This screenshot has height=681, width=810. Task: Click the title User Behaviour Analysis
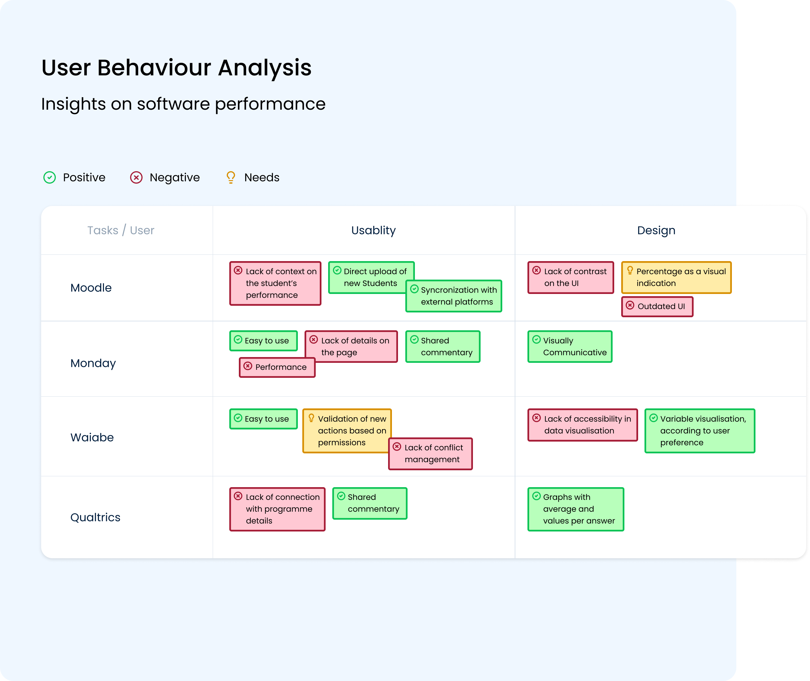click(176, 68)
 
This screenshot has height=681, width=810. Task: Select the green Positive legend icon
click(49, 178)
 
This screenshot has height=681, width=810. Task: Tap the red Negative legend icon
click(136, 178)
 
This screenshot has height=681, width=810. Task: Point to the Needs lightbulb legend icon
click(231, 178)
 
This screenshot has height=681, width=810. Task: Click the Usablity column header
click(373, 231)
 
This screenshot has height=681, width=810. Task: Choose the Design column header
click(656, 231)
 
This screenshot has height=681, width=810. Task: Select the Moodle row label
click(91, 288)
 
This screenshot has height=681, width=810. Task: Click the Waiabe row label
click(92, 437)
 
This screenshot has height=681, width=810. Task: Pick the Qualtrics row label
click(95, 517)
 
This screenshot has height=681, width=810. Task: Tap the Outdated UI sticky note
click(657, 306)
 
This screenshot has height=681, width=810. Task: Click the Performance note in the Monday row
click(277, 367)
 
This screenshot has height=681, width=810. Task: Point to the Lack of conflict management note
click(431, 454)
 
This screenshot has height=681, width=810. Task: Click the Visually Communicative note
click(570, 347)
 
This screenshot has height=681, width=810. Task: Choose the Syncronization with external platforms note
click(454, 296)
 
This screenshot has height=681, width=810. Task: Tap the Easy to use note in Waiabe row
click(263, 419)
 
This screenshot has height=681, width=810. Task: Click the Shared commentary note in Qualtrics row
click(370, 503)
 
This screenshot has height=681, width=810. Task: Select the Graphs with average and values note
click(576, 509)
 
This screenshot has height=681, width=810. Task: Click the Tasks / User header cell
click(121, 231)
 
